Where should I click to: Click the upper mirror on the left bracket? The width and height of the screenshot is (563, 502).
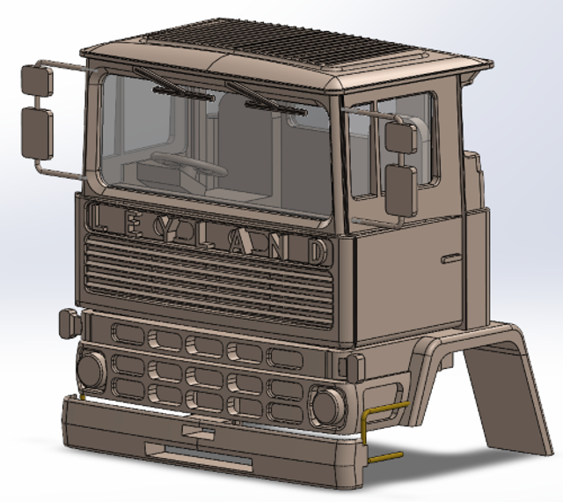coord(37,82)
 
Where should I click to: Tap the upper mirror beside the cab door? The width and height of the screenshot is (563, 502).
coord(400,136)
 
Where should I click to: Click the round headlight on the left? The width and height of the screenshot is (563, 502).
coord(91,369)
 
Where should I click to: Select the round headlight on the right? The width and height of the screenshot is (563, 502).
coord(326,405)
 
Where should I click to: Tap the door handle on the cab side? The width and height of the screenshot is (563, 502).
coord(450,257)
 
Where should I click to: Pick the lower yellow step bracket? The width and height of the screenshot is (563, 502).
coord(385,457)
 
